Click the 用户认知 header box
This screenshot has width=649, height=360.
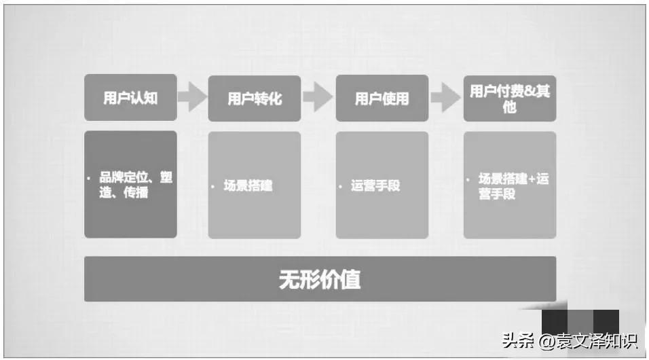130,98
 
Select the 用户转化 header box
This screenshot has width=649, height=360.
255,98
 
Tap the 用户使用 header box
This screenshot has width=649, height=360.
382,98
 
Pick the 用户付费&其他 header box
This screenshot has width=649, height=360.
510,98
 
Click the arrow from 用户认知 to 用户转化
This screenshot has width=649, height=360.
192,98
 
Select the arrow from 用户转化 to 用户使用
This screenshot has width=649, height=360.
318,98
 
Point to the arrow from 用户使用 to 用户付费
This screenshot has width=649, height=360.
445,98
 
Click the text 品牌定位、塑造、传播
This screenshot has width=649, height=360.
134,185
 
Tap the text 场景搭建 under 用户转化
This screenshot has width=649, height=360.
248,185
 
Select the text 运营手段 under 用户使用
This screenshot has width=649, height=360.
375,185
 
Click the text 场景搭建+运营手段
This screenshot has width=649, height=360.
513,186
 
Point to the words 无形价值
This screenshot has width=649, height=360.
320,279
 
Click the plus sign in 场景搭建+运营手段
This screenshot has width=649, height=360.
532,179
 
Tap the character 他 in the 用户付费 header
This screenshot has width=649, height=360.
510,107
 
